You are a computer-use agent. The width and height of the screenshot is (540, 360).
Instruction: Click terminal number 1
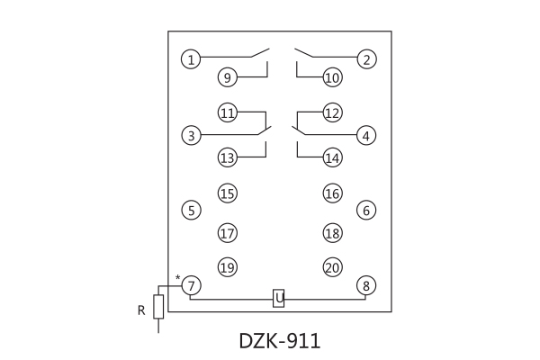tap(191, 60)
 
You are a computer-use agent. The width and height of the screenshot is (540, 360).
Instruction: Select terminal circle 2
tap(365, 60)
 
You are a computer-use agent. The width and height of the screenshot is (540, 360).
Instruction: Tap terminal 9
tap(228, 78)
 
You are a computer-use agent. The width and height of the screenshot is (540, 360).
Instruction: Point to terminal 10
tap(332, 78)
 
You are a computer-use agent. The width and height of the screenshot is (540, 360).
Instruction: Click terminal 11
tap(228, 113)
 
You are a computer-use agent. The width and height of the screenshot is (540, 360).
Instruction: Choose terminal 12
tap(332, 113)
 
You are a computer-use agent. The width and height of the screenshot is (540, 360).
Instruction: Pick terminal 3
tap(191, 136)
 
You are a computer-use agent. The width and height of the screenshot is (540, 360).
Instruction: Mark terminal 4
tap(365, 136)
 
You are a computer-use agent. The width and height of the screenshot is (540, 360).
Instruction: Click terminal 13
tap(228, 158)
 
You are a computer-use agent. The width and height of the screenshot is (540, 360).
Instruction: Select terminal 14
tap(332, 158)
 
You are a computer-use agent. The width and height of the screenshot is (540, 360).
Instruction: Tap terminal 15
tap(228, 193)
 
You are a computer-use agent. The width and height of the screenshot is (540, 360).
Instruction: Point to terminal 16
tap(332, 193)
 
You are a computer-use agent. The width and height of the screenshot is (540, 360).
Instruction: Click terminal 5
tap(191, 211)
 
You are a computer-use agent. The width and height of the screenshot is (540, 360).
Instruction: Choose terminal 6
tap(365, 211)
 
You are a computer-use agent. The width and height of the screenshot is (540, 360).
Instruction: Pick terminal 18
tap(332, 233)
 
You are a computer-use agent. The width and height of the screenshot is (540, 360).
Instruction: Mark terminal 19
tap(228, 267)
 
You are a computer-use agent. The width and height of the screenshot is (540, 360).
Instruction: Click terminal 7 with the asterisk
tap(191, 285)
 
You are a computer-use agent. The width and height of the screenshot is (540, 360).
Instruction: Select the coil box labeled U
tap(279, 298)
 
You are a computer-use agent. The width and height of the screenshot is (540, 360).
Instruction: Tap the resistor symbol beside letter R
tap(158, 307)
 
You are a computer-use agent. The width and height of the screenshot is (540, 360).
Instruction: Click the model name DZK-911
tap(279, 342)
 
